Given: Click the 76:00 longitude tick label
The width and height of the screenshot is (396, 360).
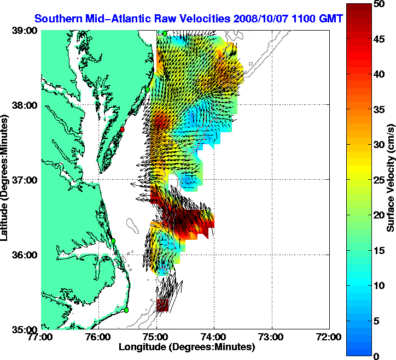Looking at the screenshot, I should tap(99, 337).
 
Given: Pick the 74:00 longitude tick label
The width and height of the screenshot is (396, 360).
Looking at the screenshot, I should tap(214, 337).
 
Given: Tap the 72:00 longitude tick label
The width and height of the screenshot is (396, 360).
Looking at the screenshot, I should tap(330, 337).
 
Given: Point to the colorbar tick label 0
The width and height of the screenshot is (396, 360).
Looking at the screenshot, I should tap(377, 356).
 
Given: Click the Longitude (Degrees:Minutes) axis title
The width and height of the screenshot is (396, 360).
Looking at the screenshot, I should tap(186, 347).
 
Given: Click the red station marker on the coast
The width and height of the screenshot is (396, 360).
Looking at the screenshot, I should tap(123, 129).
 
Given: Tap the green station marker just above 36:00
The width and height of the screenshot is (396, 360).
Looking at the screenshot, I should tap(113, 241).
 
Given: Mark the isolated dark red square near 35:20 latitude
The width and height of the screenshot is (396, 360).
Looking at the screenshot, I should tap(162, 305).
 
